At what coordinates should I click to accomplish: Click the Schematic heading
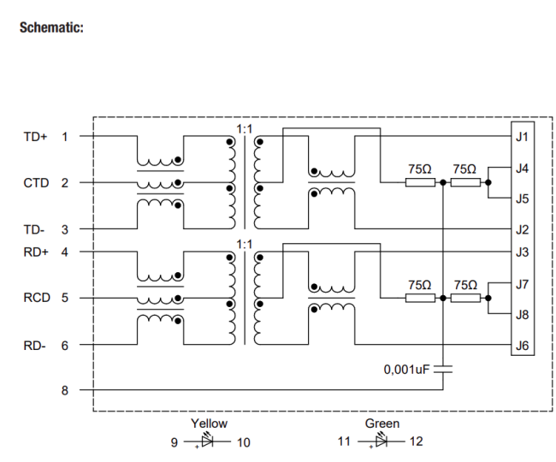(x=50, y=28)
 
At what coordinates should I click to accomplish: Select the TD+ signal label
(x=35, y=136)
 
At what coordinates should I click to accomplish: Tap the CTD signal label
(x=35, y=182)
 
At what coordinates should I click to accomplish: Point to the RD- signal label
(x=35, y=346)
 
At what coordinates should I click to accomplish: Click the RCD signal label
(x=35, y=299)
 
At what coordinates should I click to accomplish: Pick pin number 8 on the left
(x=65, y=390)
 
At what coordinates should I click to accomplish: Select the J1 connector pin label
(x=522, y=136)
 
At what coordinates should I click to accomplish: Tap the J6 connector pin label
(x=522, y=346)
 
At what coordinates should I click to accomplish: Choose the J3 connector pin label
(x=522, y=252)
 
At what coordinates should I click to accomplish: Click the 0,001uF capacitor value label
(x=406, y=370)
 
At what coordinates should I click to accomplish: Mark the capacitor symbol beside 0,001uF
(x=443, y=370)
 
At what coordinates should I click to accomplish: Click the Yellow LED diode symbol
(x=208, y=441)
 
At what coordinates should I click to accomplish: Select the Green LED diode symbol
(x=382, y=441)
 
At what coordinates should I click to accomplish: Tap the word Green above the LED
(x=382, y=423)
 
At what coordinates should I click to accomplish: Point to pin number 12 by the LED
(x=416, y=441)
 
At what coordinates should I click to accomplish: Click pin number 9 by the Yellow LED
(x=174, y=441)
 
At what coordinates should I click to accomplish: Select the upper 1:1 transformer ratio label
(x=245, y=128)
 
